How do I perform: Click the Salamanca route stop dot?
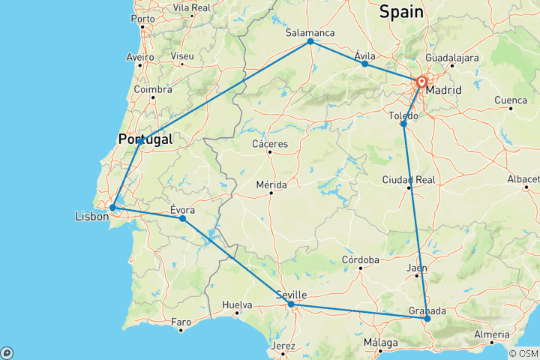click(310, 41)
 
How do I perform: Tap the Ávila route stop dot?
click(365, 64)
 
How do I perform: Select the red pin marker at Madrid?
click(421, 82)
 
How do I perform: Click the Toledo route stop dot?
click(403, 124)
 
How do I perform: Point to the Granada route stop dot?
click(427, 319)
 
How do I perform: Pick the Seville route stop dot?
click(291, 304)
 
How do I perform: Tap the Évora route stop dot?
click(182, 218)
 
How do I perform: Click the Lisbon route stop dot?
click(112, 208)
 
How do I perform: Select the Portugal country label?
click(145, 139)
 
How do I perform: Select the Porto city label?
click(142, 19)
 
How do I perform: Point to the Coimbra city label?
click(153, 88)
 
